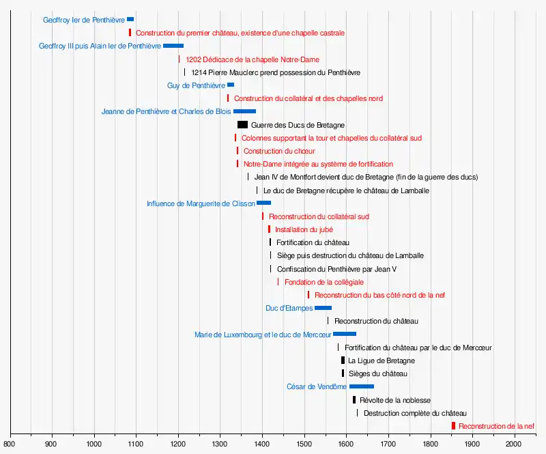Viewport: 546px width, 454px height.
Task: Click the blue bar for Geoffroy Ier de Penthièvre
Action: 130,20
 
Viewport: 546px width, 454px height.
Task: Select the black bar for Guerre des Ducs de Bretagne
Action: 242,125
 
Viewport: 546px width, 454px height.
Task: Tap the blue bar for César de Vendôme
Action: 361,387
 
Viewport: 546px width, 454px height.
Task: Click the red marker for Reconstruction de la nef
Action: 453,426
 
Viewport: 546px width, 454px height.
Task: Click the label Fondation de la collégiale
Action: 324,282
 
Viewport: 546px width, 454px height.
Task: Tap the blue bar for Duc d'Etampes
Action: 323,309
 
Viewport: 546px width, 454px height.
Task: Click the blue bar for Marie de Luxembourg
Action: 345,335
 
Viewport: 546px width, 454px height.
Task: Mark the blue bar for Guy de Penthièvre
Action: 231,85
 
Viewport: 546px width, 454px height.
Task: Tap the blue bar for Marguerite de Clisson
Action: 263,203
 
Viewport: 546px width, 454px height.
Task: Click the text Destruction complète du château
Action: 415,413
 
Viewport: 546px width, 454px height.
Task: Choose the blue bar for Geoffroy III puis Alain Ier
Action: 173,46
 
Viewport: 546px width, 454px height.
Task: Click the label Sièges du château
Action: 377,373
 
